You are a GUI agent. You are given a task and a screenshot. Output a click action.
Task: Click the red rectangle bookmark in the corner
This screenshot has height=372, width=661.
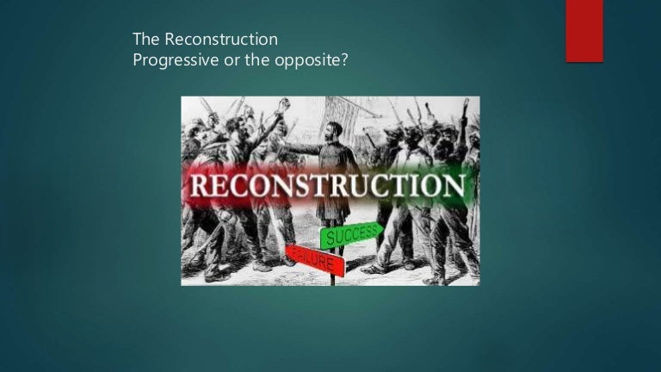tap(584, 31)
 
